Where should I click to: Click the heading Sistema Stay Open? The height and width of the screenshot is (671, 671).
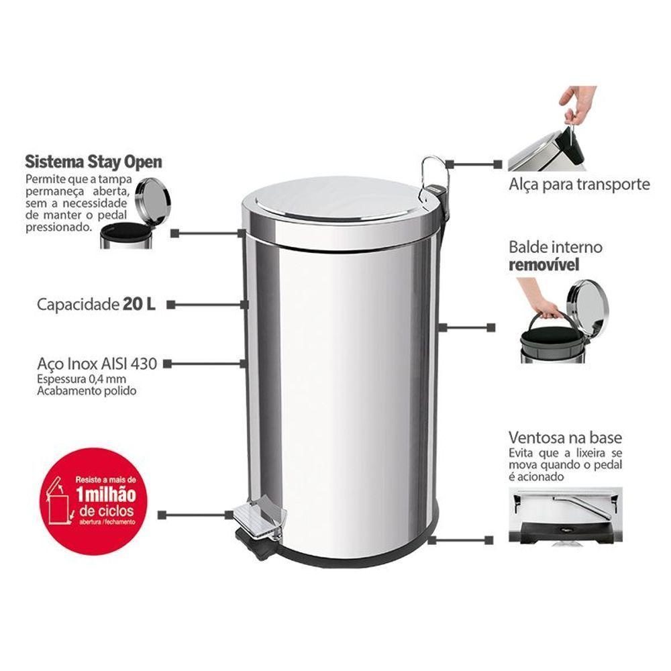click(x=93, y=162)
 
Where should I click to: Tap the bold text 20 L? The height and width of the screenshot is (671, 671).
click(x=139, y=304)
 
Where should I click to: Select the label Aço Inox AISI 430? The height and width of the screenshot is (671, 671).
click(x=97, y=364)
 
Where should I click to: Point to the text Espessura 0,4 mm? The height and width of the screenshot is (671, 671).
click(x=72, y=380)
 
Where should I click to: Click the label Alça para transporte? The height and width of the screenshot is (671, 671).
click(x=578, y=184)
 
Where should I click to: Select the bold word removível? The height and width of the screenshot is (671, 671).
click(x=544, y=264)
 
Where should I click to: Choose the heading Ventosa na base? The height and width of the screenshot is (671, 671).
click(x=565, y=438)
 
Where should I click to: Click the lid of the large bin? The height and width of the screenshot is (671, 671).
click(x=332, y=201)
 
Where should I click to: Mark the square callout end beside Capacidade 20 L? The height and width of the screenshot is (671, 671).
click(x=170, y=304)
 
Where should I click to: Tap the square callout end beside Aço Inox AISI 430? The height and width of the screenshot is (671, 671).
click(x=167, y=364)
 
